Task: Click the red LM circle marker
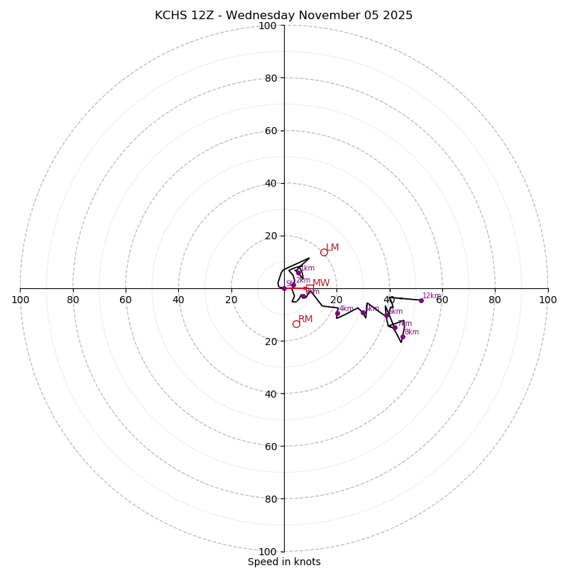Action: point(324,252)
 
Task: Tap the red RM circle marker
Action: point(296,324)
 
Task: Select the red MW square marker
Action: point(309,287)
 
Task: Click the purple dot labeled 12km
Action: point(420,300)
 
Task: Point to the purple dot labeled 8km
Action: point(402,337)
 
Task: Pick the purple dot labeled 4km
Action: point(337,313)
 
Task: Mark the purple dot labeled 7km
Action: point(395,327)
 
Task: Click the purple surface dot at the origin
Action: point(284,288)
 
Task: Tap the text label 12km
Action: point(432,296)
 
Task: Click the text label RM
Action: point(305,319)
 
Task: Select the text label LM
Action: point(332,248)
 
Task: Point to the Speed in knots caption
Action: point(284,562)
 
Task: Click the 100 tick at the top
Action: point(268,26)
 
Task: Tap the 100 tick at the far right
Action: point(547,300)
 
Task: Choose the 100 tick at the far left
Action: point(20,300)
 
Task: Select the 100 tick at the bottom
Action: point(268,552)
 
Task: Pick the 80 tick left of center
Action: point(73,300)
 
